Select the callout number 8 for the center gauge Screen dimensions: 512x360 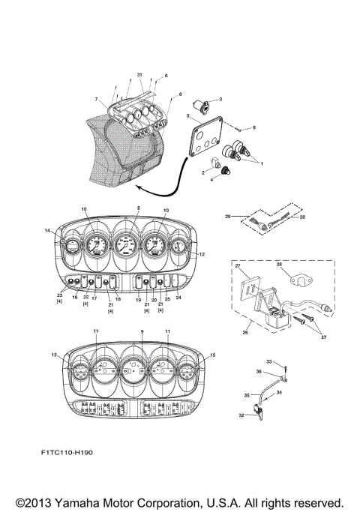pos(138,208)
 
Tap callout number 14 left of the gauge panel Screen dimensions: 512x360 pos(49,232)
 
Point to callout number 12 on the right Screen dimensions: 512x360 pos(202,255)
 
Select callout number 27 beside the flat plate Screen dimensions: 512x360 pos(238,266)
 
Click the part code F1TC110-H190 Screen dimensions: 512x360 pos(73,453)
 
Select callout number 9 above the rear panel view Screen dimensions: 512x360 pos(142,331)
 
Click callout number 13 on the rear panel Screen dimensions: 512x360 pos(53,355)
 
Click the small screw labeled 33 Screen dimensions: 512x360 pos(286,368)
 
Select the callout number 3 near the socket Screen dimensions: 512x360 pos(220,99)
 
